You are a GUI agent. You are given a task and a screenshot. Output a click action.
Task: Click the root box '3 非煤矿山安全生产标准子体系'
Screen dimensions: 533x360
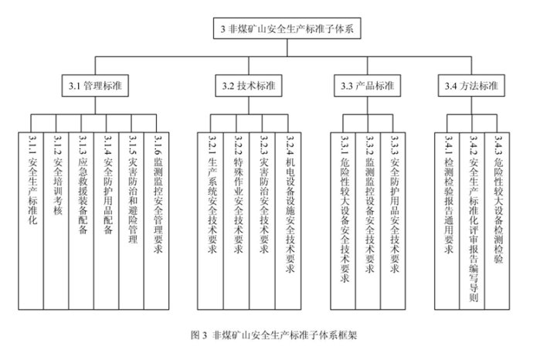tap(287, 29)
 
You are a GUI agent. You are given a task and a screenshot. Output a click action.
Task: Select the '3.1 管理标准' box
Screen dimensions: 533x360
tap(95, 86)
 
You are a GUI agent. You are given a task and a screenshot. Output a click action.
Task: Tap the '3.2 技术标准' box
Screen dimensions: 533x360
tap(249, 86)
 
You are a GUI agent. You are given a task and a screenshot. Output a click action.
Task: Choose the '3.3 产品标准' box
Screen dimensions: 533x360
tap(367, 86)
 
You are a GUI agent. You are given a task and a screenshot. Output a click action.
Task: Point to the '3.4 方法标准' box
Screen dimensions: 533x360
tap(471, 86)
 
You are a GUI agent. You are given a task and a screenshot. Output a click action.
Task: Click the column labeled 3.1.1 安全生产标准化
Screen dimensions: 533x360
tap(31, 221)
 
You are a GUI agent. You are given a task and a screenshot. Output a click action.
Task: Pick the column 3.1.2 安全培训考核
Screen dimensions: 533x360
tap(56, 221)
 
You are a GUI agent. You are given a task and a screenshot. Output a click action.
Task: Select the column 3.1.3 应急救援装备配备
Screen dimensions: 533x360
tap(81, 221)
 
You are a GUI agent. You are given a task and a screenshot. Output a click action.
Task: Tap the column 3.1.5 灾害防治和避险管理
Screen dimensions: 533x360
tap(131, 221)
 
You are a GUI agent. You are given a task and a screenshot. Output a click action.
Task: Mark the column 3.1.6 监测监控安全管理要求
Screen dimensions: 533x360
tap(156, 221)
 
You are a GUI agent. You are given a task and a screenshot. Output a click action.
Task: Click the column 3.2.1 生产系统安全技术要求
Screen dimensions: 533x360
tap(210, 221)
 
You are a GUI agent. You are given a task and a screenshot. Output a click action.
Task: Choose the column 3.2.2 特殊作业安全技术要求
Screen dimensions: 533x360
tap(236, 221)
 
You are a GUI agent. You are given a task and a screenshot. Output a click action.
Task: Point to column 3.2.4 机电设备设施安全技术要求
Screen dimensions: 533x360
tap(288, 221)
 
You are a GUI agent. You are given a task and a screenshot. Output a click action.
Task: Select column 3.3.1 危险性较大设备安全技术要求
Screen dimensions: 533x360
tap(343, 221)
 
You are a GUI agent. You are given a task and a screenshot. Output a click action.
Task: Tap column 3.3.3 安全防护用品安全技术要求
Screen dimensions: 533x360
tap(393, 221)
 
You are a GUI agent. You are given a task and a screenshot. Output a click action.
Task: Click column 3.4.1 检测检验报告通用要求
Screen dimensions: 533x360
tap(447, 221)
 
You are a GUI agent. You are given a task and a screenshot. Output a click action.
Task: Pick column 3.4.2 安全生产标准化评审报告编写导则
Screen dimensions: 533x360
tap(472, 221)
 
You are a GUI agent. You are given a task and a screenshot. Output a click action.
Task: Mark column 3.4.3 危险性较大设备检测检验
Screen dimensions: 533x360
tap(497, 221)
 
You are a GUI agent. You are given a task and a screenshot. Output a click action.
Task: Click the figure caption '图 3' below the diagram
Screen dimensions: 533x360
tap(199, 335)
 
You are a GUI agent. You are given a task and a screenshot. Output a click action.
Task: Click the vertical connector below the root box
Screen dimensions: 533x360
tap(287, 48)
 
